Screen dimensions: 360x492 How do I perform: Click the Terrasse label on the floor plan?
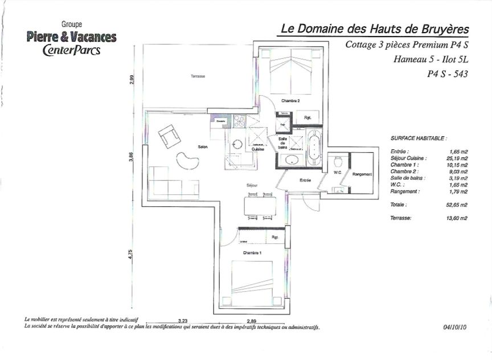coord(198,76)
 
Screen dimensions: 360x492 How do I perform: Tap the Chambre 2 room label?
coord(290,101)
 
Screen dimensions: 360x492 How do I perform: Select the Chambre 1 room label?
coord(252,252)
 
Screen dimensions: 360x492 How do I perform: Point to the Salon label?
coord(203,147)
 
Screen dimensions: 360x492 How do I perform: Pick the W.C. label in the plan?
coord(337,173)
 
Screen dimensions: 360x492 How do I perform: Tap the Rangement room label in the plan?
coord(362,174)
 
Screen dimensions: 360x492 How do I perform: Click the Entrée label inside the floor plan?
coord(305,181)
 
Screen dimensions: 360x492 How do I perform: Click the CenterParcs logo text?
coord(71,50)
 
